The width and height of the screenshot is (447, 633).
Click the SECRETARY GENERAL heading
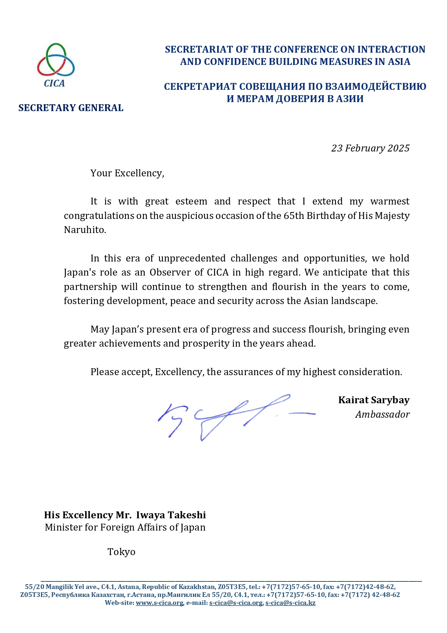tap(71, 108)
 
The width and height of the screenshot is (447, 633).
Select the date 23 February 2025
tap(370, 148)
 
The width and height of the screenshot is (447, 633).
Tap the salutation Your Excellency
tap(127, 173)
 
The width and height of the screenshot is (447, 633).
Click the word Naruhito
tap(85, 230)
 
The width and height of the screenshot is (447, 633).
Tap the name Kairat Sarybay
tap(374, 400)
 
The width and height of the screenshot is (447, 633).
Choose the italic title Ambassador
tap(382, 414)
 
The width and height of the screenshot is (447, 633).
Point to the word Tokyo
tap(121, 552)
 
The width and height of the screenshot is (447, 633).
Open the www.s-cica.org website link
tap(160, 603)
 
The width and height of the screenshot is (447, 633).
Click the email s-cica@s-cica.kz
tap(290, 603)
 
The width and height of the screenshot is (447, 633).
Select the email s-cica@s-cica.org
tap(236, 603)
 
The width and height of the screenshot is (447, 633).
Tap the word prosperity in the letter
tap(206, 343)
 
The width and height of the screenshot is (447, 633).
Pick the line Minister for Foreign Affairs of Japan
tap(125, 527)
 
